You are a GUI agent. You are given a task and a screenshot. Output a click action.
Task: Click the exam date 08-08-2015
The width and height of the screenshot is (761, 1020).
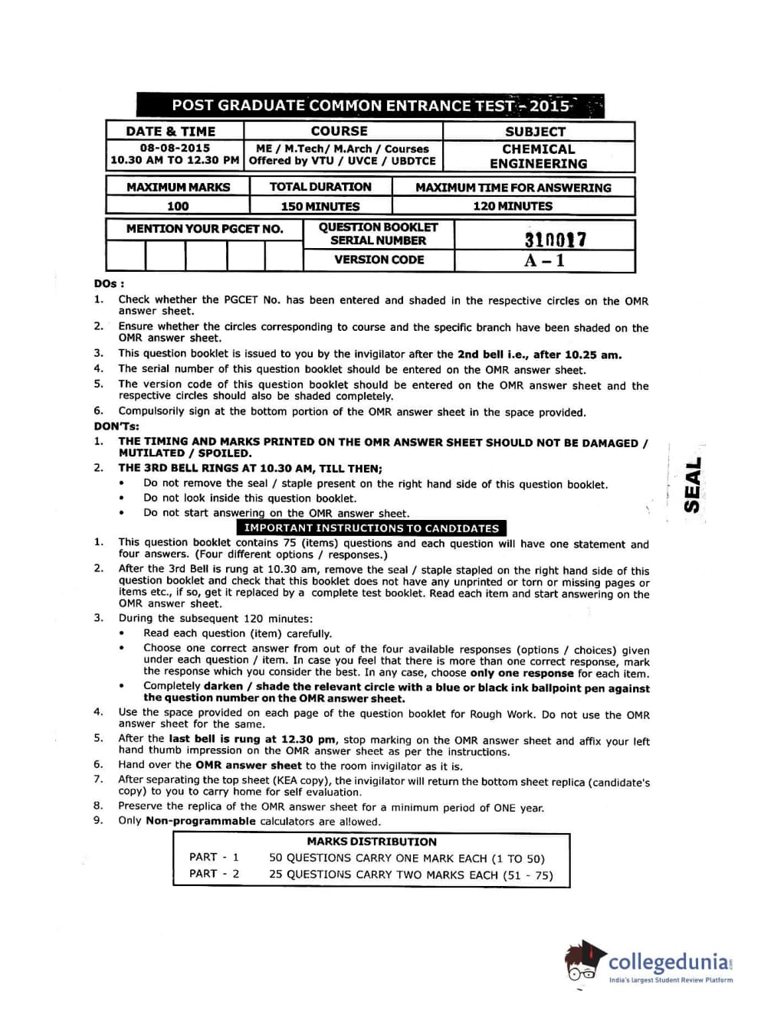click(x=175, y=149)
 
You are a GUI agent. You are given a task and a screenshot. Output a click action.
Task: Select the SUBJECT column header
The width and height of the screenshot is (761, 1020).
click(x=535, y=132)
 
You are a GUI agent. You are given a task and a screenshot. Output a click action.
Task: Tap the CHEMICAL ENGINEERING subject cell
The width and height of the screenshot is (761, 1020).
click(x=538, y=156)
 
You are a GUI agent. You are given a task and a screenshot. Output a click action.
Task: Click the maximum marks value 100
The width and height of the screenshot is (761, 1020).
click(x=177, y=206)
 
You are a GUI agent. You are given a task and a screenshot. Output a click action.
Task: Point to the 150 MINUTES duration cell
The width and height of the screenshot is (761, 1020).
click(x=320, y=206)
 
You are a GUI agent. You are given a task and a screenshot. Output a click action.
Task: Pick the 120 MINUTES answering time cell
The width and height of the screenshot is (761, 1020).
click(x=512, y=206)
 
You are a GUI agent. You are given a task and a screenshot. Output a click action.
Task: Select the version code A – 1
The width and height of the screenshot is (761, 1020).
click(x=544, y=260)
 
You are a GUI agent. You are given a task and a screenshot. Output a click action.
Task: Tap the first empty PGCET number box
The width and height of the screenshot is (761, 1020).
click(x=126, y=255)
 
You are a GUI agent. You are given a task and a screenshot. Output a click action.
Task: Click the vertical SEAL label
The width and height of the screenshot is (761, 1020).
click(x=693, y=485)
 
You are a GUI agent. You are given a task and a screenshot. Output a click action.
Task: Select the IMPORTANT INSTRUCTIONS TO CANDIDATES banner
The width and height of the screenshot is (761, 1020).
click(x=371, y=528)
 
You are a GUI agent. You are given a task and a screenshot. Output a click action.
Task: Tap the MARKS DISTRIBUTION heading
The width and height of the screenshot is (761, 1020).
click(x=372, y=842)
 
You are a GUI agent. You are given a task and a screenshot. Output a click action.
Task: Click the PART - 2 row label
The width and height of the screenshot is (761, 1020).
click(x=214, y=874)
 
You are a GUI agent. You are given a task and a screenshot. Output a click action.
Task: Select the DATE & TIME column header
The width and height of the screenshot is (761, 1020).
click(x=171, y=132)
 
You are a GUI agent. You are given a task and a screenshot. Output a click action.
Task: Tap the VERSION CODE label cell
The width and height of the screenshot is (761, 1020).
click(x=379, y=260)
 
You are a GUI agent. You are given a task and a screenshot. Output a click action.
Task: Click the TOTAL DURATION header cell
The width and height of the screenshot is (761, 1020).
click(x=320, y=187)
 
